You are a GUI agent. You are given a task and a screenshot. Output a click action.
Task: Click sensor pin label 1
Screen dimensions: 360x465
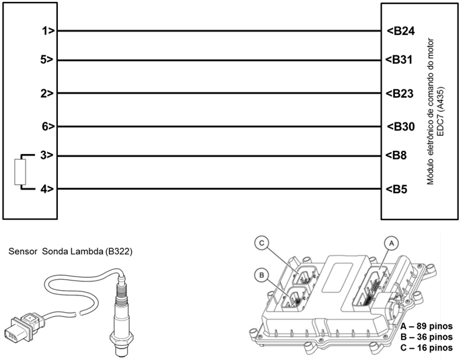point(47,30)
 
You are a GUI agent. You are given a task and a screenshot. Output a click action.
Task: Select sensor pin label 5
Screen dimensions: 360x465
point(47,59)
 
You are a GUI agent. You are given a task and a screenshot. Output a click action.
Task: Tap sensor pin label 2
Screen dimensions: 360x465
point(47,94)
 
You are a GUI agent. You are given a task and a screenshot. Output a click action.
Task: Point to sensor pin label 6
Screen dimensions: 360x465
point(47,127)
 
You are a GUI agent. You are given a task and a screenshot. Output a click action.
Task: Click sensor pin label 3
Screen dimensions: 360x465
point(47,155)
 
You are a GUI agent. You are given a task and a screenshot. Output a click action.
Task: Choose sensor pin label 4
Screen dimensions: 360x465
point(47,189)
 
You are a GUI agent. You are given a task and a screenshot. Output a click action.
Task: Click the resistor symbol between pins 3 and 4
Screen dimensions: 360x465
point(20,172)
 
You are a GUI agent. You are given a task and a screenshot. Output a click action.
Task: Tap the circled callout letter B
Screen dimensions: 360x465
point(260,275)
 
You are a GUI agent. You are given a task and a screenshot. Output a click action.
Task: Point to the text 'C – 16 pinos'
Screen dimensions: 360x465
point(421,347)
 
